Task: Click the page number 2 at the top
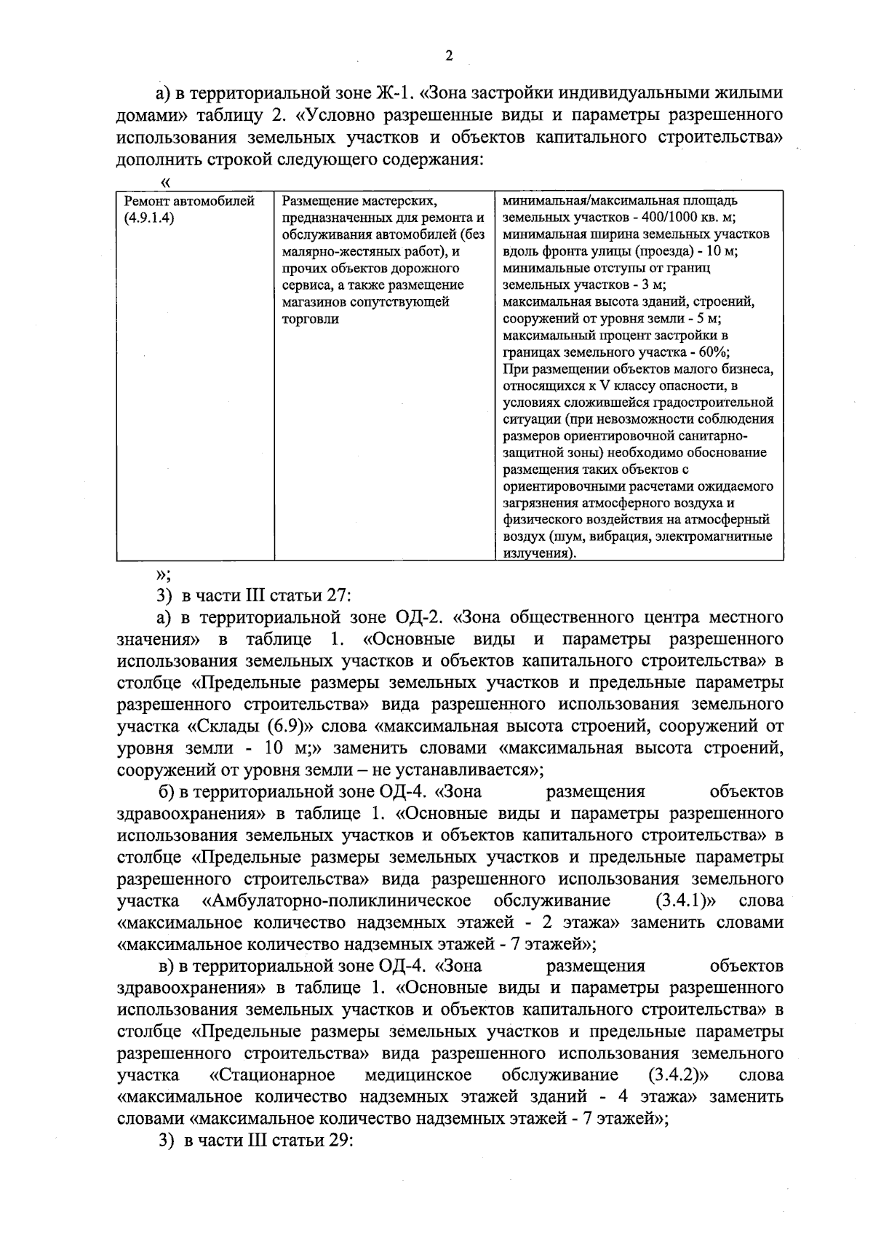click(449, 57)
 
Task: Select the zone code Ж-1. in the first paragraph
click(395, 93)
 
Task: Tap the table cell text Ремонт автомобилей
click(190, 201)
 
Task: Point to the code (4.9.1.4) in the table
click(150, 218)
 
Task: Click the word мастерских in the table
click(396, 201)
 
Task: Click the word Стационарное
click(272, 1075)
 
